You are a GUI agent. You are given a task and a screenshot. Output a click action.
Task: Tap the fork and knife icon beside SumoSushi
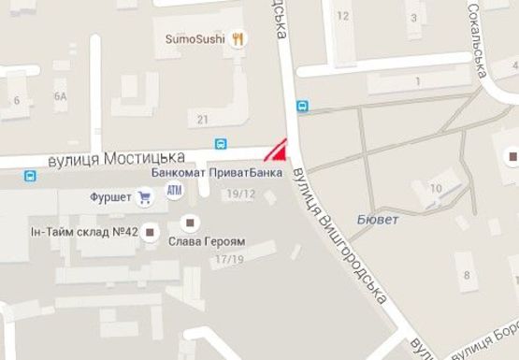(239, 39)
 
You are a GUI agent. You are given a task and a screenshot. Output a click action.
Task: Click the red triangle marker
(277, 151)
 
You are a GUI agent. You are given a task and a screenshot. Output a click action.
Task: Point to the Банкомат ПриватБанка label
(216, 174)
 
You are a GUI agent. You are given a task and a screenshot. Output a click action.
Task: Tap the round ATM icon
(174, 191)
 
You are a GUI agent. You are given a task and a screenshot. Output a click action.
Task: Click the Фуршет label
(109, 197)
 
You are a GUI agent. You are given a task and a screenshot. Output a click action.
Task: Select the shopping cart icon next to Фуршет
(144, 196)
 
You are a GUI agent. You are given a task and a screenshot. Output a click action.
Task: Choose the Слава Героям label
(206, 241)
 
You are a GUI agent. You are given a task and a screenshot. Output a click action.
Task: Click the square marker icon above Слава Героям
(191, 222)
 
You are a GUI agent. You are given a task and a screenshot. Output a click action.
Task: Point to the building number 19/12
(241, 194)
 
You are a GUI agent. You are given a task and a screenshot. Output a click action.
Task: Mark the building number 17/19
(228, 259)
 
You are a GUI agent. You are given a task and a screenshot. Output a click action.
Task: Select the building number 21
(203, 119)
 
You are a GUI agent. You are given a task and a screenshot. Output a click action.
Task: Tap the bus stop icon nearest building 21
(222, 145)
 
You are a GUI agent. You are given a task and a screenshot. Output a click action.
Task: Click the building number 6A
(61, 95)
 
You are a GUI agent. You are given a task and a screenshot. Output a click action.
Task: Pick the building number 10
(436, 188)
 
